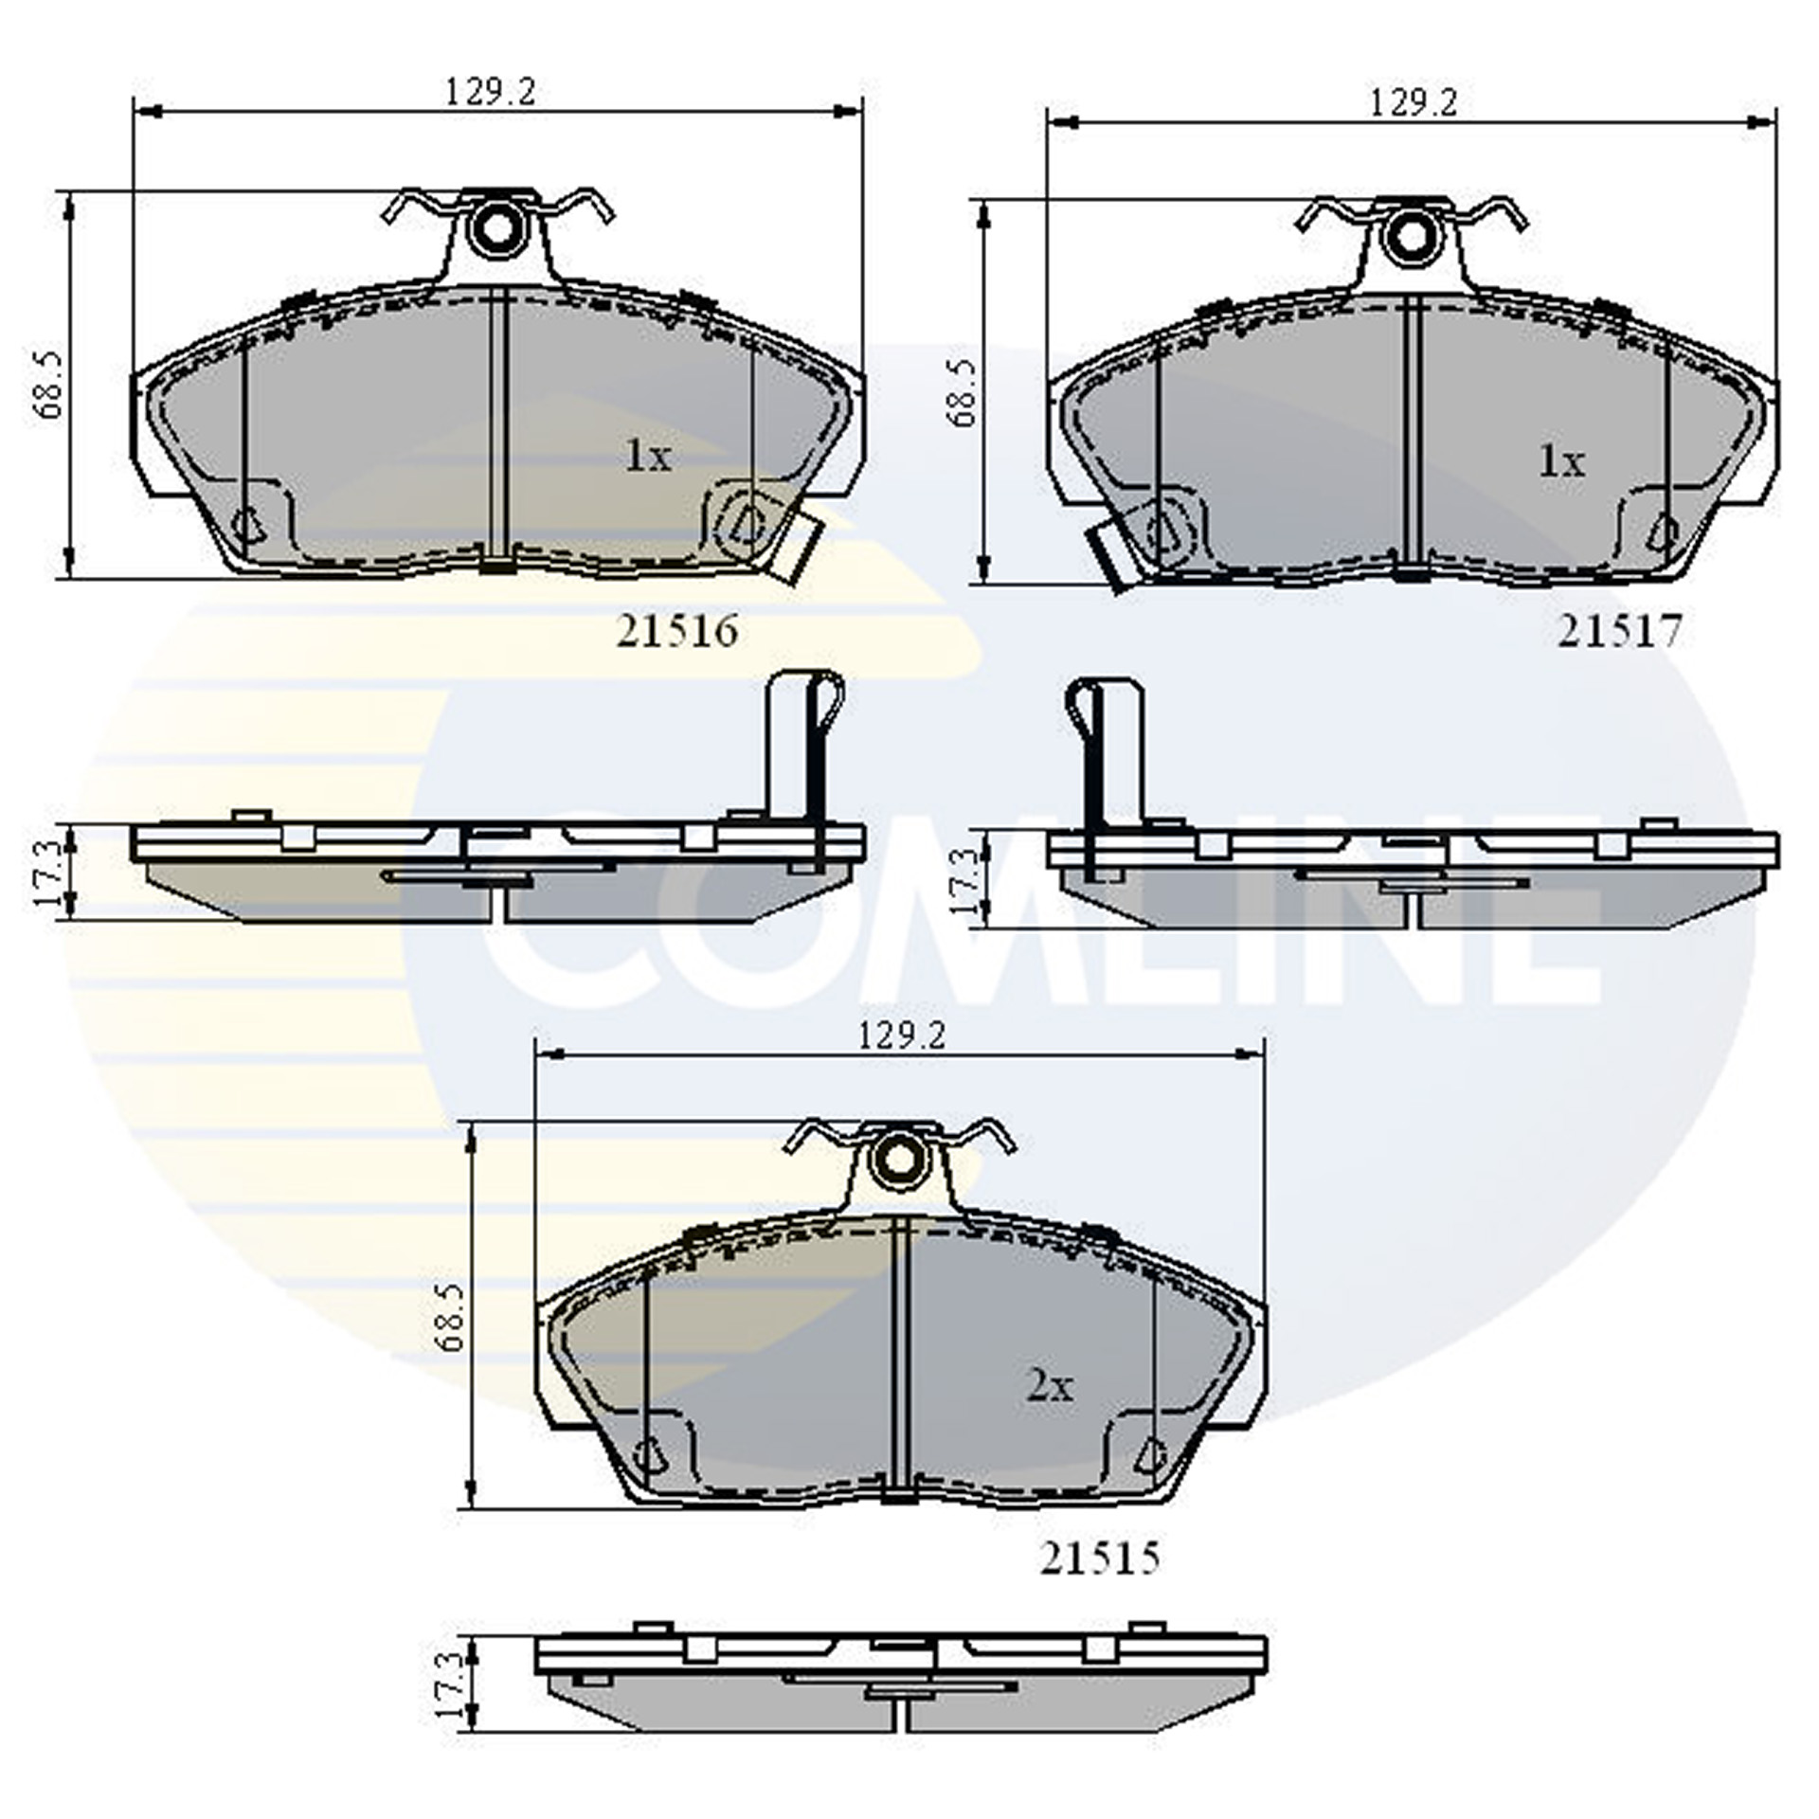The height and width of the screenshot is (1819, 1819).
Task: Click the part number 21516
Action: pos(676,631)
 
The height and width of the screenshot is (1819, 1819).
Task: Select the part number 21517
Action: pos(1619,632)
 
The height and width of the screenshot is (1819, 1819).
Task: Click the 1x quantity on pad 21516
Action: pos(647,458)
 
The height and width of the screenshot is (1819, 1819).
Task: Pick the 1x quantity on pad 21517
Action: pos(1560,461)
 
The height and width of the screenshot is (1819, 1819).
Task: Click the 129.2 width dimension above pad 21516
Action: pos(491,93)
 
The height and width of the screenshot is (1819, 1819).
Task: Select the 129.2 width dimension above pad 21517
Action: pos(1413,102)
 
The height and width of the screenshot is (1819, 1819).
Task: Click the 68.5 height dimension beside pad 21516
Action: pos(47,385)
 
